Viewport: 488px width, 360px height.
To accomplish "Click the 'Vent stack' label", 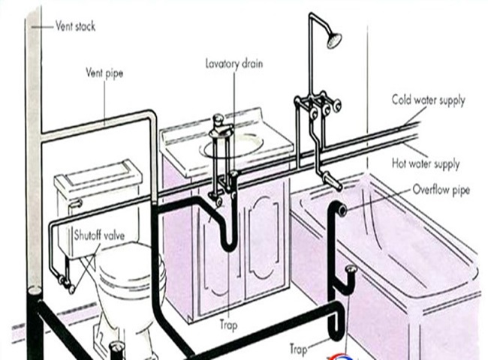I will point(75,26).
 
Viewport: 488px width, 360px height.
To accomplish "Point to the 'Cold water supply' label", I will point(428,100).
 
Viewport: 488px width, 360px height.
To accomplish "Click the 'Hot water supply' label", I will point(426,163).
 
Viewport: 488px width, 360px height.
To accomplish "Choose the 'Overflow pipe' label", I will point(441,190).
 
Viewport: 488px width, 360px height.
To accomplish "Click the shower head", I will point(335,39).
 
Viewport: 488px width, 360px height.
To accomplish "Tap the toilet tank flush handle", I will point(75,203).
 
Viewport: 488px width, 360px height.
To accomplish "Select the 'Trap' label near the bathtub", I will point(298,349).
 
